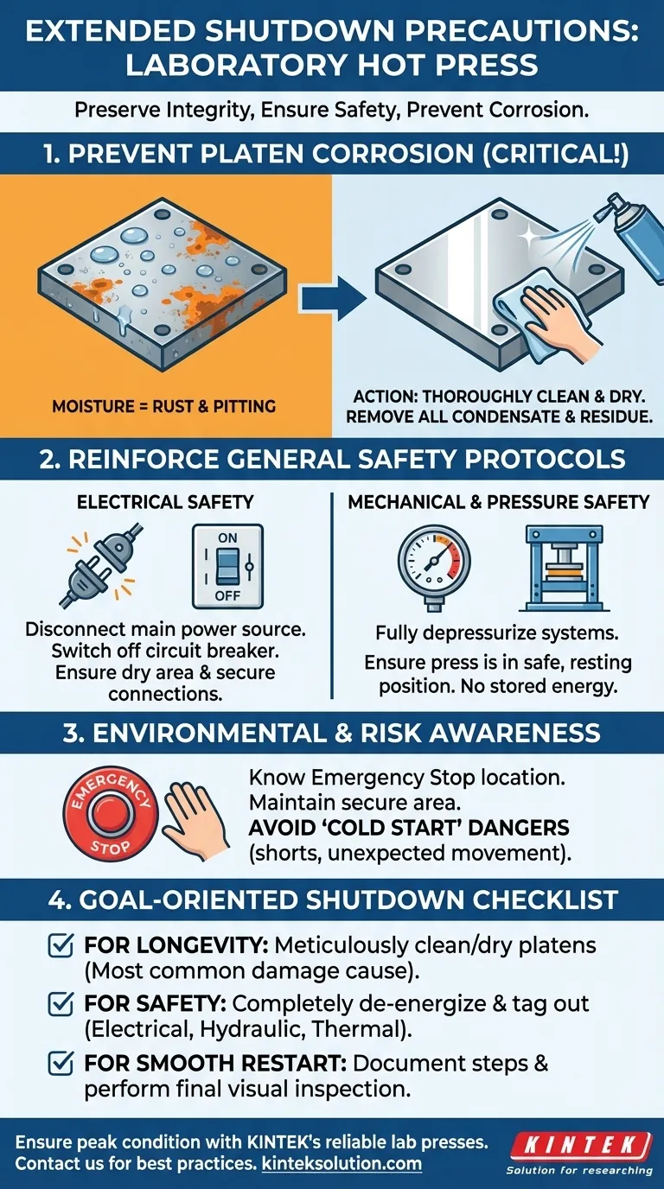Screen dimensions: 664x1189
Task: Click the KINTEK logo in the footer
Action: [581, 1147]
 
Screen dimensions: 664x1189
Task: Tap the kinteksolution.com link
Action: [342, 1164]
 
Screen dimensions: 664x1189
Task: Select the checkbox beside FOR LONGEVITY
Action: [61, 945]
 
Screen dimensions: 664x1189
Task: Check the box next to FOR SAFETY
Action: [61, 1004]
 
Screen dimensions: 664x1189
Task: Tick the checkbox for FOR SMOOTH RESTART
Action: [61, 1063]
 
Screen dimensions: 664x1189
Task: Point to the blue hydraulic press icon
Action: [564, 568]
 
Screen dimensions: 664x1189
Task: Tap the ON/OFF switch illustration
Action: [228, 566]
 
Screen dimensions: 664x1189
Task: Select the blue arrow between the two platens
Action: [333, 298]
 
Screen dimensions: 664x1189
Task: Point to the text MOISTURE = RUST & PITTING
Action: [164, 407]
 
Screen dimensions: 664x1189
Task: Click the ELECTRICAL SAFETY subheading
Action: [165, 502]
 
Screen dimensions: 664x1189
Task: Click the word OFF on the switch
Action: [228, 595]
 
